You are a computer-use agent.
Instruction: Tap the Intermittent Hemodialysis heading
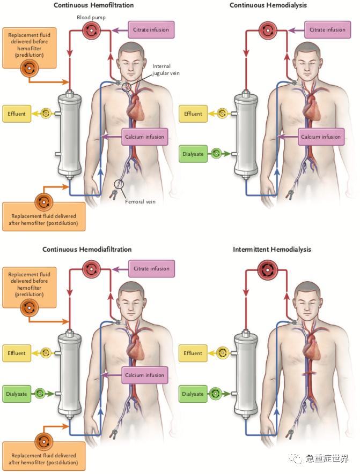[x=271, y=250]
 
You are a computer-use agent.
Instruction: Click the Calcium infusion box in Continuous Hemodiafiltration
[x=144, y=375]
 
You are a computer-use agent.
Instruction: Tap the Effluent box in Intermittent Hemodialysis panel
[x=193, y=353]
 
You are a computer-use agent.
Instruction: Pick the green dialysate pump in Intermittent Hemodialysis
[x=216, y=394]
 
